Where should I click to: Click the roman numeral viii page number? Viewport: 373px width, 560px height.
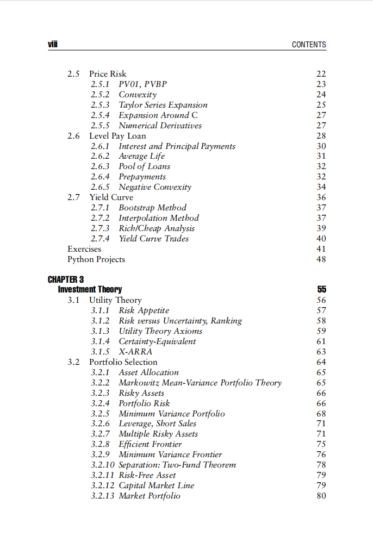point(52,45)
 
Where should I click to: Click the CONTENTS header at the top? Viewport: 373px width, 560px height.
point(309,45)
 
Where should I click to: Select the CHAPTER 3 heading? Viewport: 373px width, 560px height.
point(66,279)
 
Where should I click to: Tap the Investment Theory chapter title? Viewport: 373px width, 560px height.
point(90,289)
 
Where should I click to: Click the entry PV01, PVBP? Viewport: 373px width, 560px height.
point(143,84)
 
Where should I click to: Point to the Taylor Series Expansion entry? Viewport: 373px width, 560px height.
point(163,105)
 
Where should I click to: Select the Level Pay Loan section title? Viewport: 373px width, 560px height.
point(117,136)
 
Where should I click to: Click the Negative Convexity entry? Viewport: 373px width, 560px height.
point(155,187)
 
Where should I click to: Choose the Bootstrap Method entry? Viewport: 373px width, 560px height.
point(152,208)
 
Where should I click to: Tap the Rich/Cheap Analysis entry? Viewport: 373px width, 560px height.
point(157,228)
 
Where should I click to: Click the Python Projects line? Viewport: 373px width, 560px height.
point(96,259)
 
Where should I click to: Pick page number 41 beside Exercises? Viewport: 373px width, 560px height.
point(321,249)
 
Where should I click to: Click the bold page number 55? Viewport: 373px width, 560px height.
point(321,290)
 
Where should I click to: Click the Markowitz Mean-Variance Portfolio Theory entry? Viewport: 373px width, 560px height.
point(200,383)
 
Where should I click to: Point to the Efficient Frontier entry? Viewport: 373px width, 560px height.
point(150,444)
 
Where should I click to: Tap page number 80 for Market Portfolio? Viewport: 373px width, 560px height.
point(321,496)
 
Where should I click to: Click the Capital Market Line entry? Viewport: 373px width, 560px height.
point(156,486)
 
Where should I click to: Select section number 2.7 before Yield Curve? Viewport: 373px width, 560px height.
point(74,197)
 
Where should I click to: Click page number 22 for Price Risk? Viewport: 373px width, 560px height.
point(321,74)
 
